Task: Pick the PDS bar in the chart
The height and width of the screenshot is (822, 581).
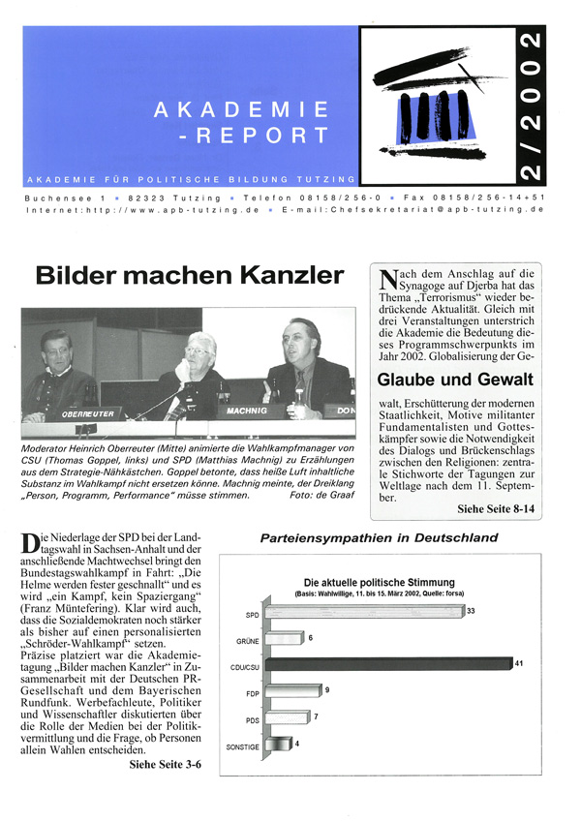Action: pyautogui.click(x=288, y=718)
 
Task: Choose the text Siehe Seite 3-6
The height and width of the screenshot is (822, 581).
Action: pyautogui.click(x=173, y=764)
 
